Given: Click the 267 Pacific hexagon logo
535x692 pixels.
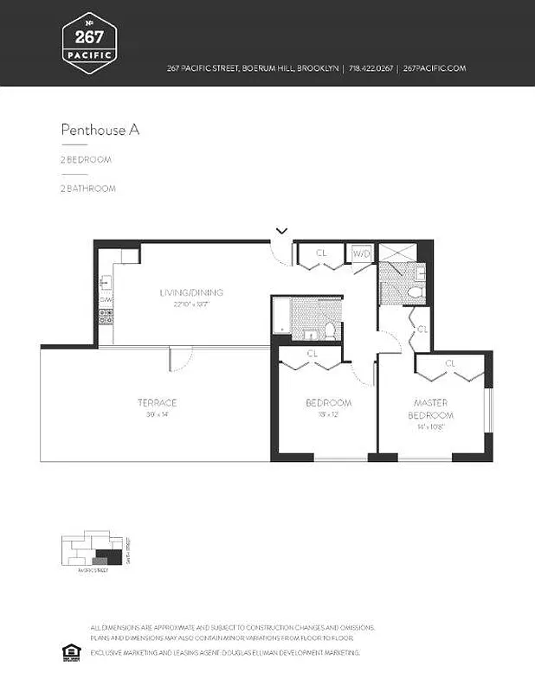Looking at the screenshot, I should (90, 41).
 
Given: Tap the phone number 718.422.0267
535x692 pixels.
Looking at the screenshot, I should (371, 68).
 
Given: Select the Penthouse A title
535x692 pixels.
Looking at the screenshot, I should (100, 130).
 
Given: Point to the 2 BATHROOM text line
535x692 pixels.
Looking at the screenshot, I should (87, 188).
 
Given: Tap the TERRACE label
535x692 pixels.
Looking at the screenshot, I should (157, 402).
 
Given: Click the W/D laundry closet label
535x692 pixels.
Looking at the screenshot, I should (360, 253).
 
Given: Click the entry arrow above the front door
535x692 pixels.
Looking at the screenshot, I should (281, 230).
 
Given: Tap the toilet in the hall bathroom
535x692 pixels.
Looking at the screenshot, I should (330, 330).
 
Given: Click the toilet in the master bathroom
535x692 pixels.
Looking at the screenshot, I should (414, 293).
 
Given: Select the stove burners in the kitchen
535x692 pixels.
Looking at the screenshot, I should (106, 317).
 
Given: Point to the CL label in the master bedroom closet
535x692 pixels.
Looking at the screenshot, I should (449, 363).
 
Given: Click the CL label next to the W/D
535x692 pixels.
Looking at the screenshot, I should (321, 253).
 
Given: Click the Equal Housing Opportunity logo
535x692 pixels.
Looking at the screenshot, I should (72, 650).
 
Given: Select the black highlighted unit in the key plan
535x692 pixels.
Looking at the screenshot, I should (107, 555).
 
